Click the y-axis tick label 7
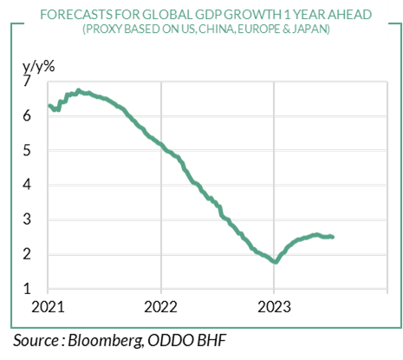tap(27, 81)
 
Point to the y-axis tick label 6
tap(27, 115)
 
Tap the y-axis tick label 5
tap(27, 150)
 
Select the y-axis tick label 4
tap(27, 185)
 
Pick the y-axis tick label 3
tap(27, 219)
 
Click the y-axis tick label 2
tap(27, 254)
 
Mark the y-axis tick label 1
tap(27, 289)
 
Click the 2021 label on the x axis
tap(48, 307)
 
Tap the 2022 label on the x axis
tap(160, 307)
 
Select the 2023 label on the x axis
tap(274, 307)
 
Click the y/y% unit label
tap(39, 67)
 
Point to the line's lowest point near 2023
tap(276, 262)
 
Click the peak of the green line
tap(78, 90)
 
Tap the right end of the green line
tap(333, 237)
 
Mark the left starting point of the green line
tap(49, 106)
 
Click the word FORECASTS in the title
tap(76, 15)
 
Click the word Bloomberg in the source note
tap(105, 340)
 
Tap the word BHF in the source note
tap(211, 340)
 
